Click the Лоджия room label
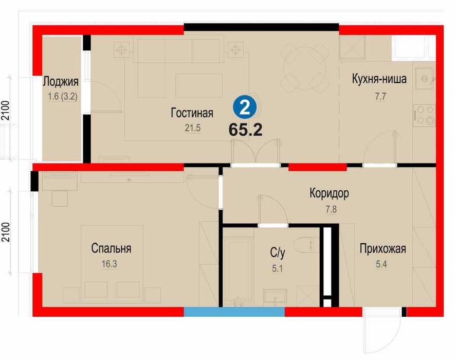pos(61,81)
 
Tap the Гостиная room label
pos(192,113)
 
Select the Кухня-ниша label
pos(379,79)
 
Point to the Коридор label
pos(329,193)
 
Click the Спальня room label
pos(111,248)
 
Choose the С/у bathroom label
pos(278,252)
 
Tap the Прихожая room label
pos(382,249)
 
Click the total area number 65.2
pos(246,130)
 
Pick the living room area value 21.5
pos(193,128)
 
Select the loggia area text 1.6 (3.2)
pos(61,96)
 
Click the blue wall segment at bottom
pos(234,312)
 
